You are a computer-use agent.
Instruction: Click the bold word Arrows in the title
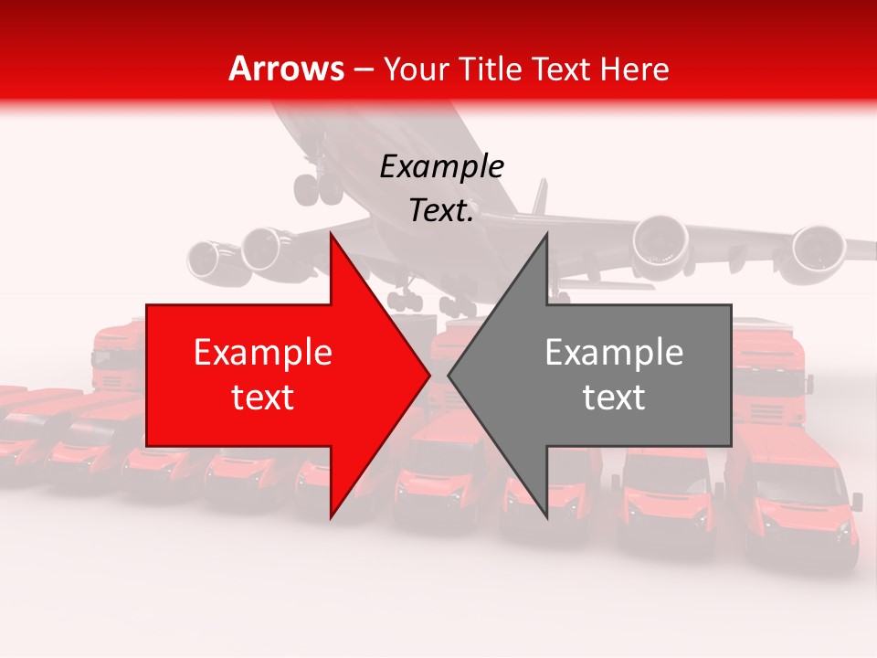click(287, 69)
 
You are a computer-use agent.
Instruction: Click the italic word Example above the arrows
click(441, 167)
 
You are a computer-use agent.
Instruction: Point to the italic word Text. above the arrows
click(441, 211)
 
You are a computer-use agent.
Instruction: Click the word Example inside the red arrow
click(263, 353)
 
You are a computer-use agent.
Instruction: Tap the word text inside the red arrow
click(263, 398)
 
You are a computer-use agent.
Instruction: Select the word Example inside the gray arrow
click(614, 353)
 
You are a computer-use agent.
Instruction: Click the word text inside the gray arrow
click(614, 398)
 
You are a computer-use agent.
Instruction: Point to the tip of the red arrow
click(428, 375)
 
